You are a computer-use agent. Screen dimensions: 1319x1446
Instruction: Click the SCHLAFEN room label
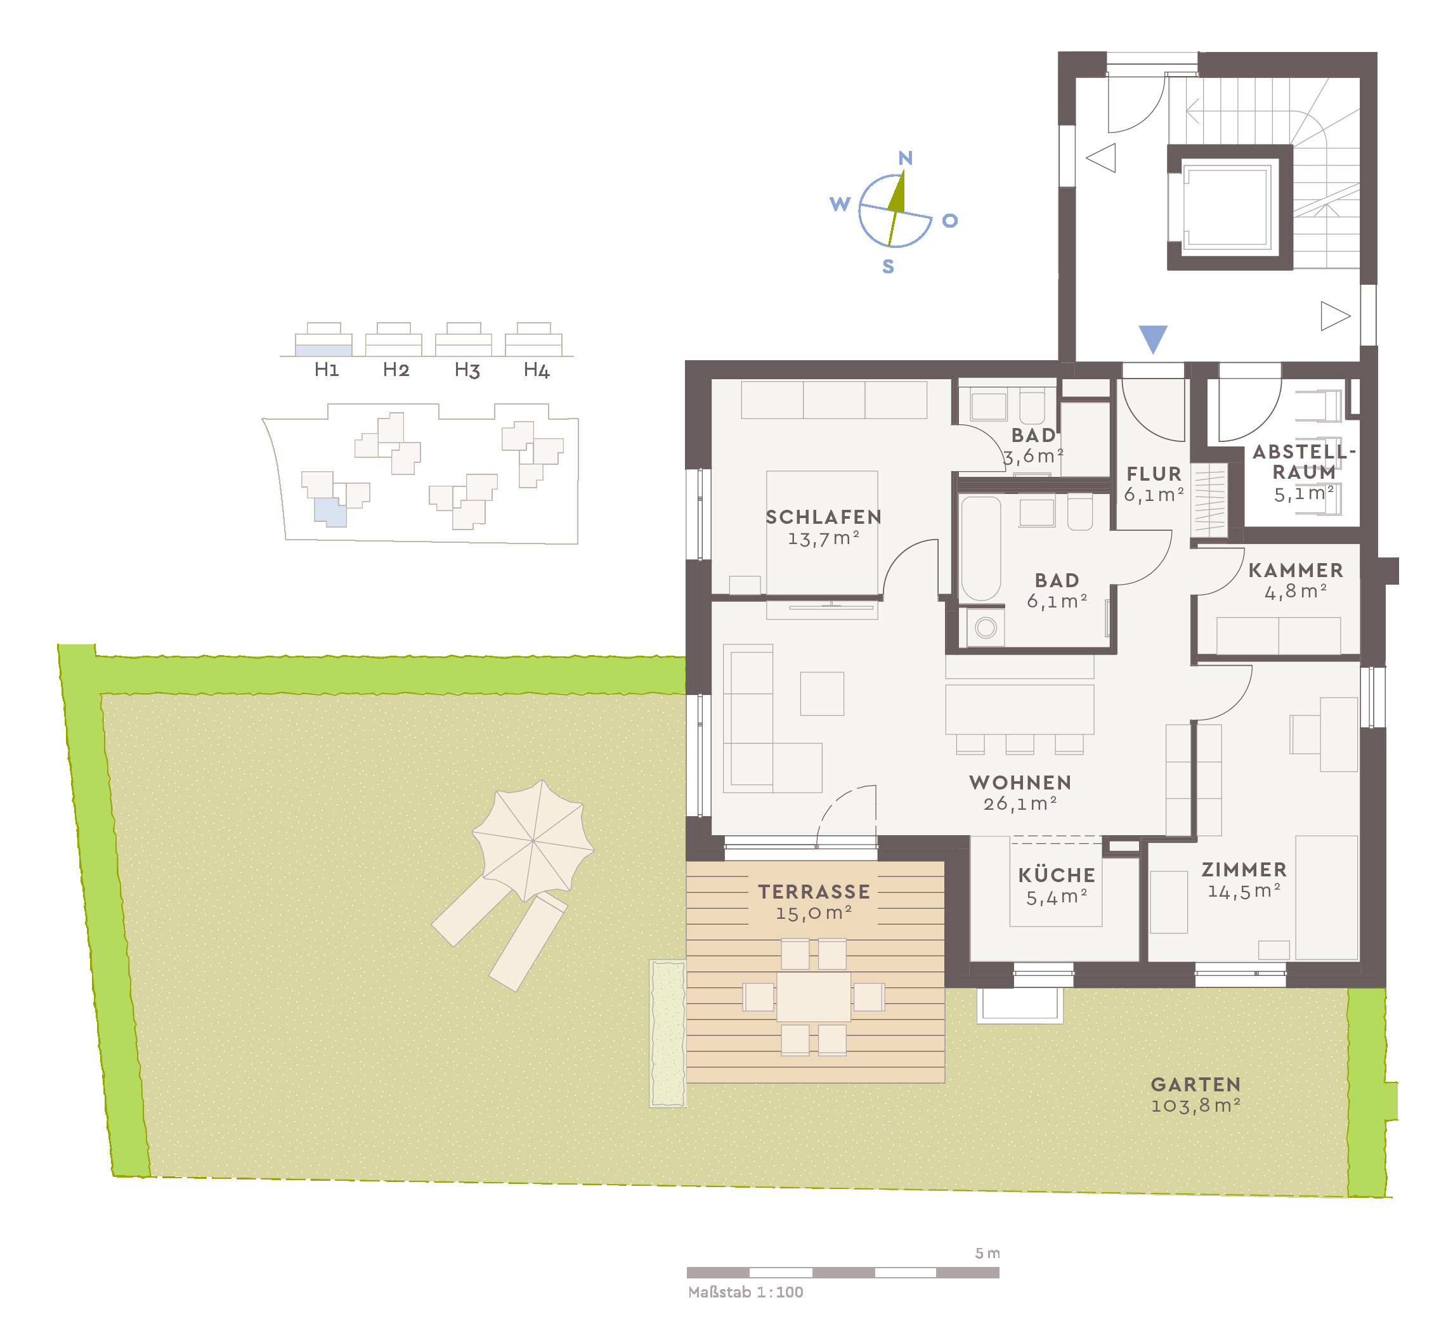pyautogui.click(x=823, y=517)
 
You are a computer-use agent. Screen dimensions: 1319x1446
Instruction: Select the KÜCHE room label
pyautogui.click(x=1056, y=876)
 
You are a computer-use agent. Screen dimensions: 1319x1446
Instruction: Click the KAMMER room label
pyautogui.click(x=1294, y=571)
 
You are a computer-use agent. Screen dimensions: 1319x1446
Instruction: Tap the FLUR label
pyautogui.click(x=1154, y=474)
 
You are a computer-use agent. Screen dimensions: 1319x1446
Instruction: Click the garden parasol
pyautogui.click(x=532, y=841)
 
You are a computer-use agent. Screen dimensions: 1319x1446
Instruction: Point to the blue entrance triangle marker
pyautogui.click(x=1152, y=338)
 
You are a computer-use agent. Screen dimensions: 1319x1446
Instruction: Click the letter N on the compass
pyautogui.click(x=905, y=158)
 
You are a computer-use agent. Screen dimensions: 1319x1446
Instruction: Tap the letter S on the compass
pyautogui.click(x=888, y=267)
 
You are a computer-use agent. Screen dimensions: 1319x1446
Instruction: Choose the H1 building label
pyautogui.click(x=327, y=370)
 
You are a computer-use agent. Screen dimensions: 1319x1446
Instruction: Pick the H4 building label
pyautogui.click(x=536, y=370)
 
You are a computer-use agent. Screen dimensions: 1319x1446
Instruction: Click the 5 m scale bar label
pyautogui.click(x=987, y=1254)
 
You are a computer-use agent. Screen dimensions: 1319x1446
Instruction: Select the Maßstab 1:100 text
pyautogui.click(x=745, y=1292)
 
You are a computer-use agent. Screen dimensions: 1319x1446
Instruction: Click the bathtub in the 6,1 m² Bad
pyautogui.click(x=980, y=549)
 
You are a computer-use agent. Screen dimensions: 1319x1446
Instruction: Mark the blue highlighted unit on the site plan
pyautogui.click(x=329, y=511)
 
